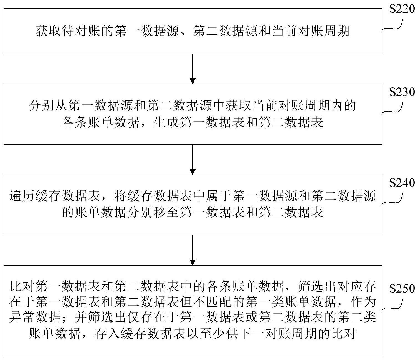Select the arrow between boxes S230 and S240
(192, 159)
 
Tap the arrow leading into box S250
(192, 250)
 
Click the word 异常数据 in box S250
(35, 317)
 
